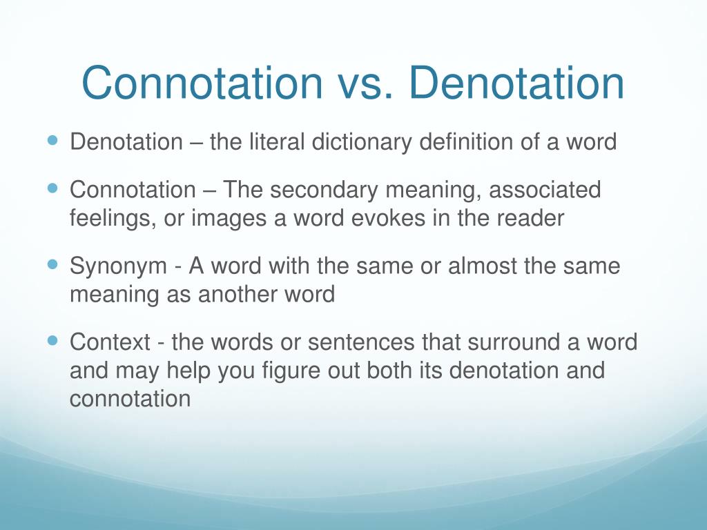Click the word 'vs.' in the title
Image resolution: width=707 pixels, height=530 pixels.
point(365,84)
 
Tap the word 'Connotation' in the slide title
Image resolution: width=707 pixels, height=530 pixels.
point(202,84)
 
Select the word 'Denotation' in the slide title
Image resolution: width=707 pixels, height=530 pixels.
point(516,84)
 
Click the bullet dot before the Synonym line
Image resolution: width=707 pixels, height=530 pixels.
point(55,264)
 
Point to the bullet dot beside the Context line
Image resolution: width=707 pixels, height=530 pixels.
point(55,340)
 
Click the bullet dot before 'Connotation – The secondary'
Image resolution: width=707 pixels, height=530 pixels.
point(55,188)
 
